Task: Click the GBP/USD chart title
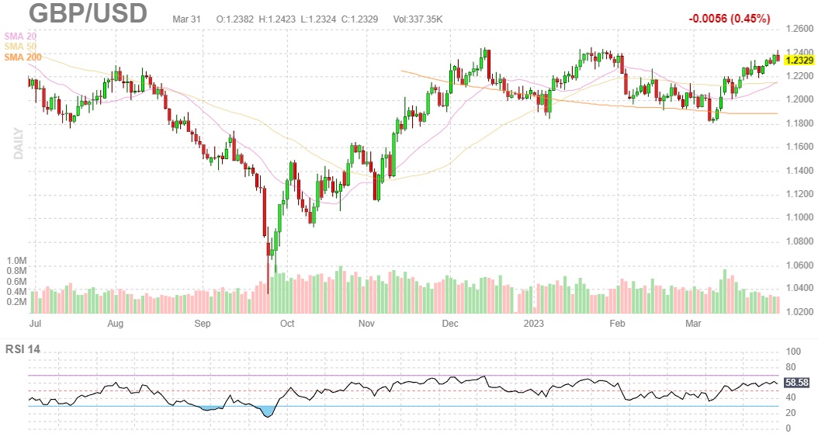click(88, 13)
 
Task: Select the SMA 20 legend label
click(20, 36)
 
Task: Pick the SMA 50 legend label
click(20, 47)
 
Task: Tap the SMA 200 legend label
click(23, 58)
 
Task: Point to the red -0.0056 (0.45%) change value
click(729, 18)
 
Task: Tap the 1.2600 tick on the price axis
click(799, 29)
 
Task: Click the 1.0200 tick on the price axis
click(799, 312)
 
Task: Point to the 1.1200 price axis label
click(799, 194)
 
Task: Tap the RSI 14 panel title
click(23, 349)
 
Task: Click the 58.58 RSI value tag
click(797, 383)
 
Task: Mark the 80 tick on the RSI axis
click(791, 367)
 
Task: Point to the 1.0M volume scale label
click(16, 261)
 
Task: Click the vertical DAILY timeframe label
click(19, 144)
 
